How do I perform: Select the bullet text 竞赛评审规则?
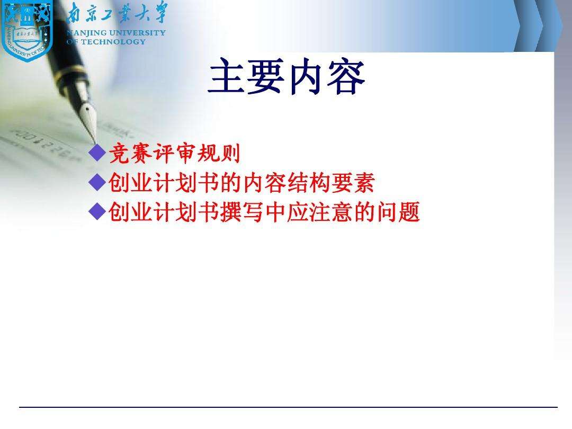point(174,154)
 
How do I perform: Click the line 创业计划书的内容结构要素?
point(242,183)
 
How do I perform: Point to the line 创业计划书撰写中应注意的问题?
point(264,212)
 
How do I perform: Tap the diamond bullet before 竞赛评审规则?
point(97,154)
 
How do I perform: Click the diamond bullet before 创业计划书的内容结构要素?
point(97,183)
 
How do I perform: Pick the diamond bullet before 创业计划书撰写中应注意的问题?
point(97,212)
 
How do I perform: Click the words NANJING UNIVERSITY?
point(117,33)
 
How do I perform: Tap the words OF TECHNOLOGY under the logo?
point(106,41)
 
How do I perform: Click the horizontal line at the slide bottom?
point(288,407)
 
